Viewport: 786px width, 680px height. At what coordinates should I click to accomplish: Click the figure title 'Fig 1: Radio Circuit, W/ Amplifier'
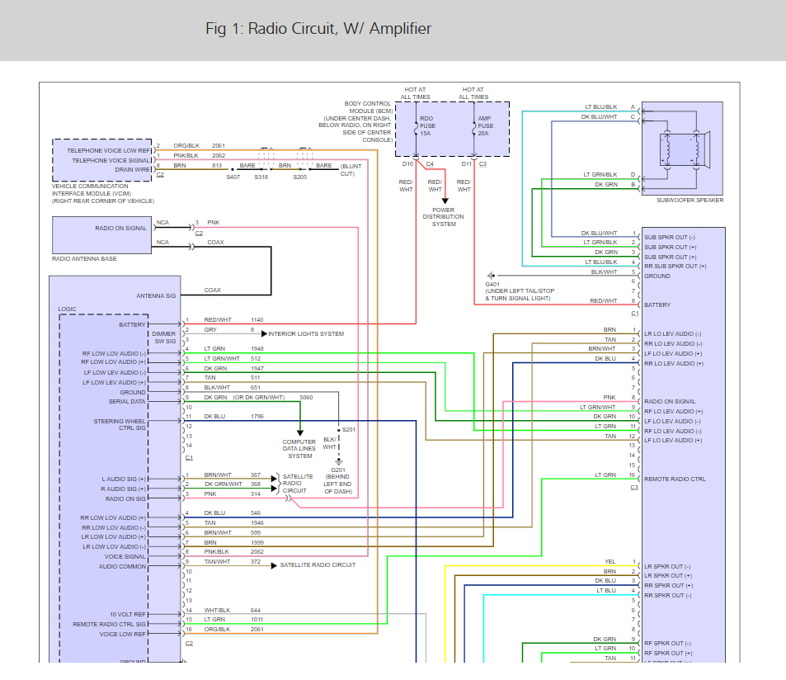(x=318, y=29)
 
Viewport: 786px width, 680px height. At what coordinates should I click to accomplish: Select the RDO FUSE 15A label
(x=426, y=126)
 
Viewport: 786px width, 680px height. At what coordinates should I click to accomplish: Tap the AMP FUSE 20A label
(x=485, y=126)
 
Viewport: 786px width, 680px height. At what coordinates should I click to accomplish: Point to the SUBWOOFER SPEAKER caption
(x=690, y=201)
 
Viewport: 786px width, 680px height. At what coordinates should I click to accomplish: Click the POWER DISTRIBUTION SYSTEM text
(x=444, y=216)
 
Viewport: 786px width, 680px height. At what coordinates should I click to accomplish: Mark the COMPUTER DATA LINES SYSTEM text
(x=299, y=449)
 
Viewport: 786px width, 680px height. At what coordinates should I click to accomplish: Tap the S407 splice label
(x=233, y=177)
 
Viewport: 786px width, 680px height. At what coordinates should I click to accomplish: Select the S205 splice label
(x=300, y=177)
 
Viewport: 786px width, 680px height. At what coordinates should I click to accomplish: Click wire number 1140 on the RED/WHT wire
(x=257, y=319)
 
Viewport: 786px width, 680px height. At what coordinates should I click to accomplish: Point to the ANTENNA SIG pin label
(x=156, y=295)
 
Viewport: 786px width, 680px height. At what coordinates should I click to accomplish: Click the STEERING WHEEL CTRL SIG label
(x=120, y=424)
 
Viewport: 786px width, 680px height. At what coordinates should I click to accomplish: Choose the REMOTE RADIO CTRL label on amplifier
(x=675, y=479)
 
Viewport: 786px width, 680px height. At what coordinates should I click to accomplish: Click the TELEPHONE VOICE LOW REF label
(x=109, y=151)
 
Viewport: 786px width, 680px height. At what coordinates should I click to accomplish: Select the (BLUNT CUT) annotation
(x=347, y=170)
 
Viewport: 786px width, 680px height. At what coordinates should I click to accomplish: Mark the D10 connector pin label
(x=407, y=164)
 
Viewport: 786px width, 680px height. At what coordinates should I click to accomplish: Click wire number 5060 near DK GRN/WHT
(x=306, y=397)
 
